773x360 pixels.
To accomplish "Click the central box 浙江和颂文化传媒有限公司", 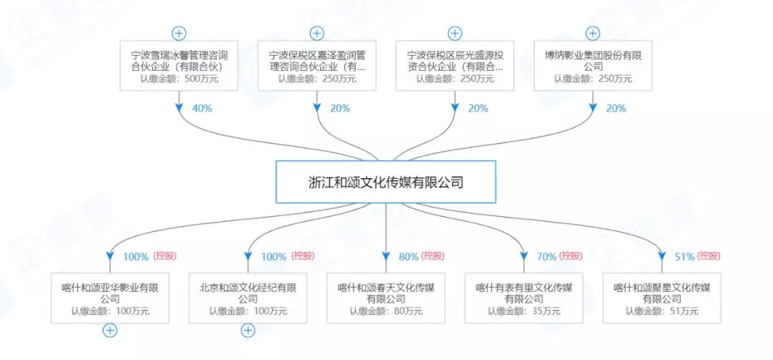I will click(x=386, y=183).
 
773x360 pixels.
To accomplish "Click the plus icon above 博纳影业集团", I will click(x=593, y=33).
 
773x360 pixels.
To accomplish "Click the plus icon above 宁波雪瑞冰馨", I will click(x=179, y=33).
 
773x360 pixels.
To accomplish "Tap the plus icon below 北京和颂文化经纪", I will click(x=248, y=330).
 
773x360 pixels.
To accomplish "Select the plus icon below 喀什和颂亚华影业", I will click(x=110, y=330).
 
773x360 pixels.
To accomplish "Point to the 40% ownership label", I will click(x=202, y=109).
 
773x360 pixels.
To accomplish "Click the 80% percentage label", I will click(x=409, y=256).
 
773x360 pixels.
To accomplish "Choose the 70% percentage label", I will click(x=546, y=256).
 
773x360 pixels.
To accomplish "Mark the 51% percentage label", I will click(x=685, y=256).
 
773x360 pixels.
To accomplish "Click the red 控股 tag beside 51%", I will click(x=709, y=256).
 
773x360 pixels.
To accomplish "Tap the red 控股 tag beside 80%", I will click(x=432, y=256).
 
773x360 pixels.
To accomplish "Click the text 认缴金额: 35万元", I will click(x=524, y=311).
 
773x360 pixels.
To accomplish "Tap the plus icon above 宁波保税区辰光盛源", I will click(x=454, y=33).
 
